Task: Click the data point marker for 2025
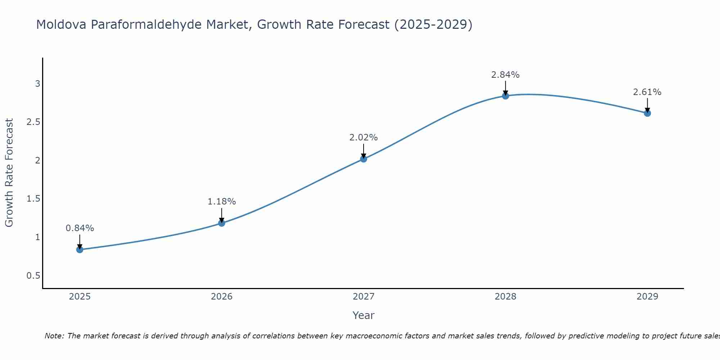tap(80, 249)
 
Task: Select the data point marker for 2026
tap(221, 223)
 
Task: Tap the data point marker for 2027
tap(364, 159)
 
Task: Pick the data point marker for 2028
tap(505, 96)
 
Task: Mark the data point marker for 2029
tap(647, 113)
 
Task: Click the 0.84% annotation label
tap(80, 228)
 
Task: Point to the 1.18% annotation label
tap(222, 202)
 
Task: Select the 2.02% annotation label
tap(364, 138)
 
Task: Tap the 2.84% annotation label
tap(505, 75)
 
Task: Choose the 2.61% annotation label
tap(647, 92)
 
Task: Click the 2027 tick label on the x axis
tap(364, 297)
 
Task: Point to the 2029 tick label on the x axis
tap(647, 297)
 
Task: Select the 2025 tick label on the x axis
tap(80, 297)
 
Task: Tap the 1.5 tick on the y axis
tap(33, 199)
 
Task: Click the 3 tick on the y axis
tap(37, 84)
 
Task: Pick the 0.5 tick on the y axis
tap(33, 276)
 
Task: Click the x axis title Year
tap(364, 315)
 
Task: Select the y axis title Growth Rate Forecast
tap(9, 173)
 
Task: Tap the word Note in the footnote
tap(54, 336)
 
